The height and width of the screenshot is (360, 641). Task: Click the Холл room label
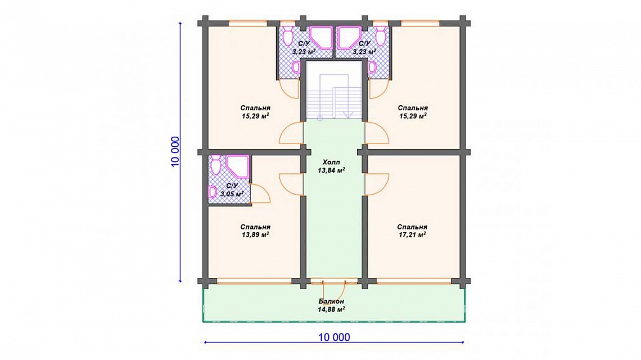point(331,162)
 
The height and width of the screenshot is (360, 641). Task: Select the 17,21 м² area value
point(412,235)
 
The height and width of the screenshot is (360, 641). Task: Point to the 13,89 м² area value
point(255,235)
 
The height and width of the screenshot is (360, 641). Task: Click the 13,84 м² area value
point(331,170)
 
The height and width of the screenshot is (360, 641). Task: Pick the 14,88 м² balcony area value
point(331,310)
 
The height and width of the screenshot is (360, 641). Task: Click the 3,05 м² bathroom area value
point(232,194)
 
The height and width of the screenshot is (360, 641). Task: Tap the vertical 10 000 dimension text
point(175,152)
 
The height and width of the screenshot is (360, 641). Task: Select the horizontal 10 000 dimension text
point(334,337)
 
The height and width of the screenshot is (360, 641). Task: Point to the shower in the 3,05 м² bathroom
point(237,167)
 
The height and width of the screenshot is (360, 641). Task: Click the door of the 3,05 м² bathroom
point(260,194)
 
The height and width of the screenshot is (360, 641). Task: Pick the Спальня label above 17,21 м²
point(412,227)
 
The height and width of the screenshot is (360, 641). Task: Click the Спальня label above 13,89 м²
point(255,227)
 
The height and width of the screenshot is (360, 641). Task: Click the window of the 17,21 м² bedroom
point(414,281)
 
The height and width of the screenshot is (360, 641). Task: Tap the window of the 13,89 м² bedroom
point(254,281)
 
